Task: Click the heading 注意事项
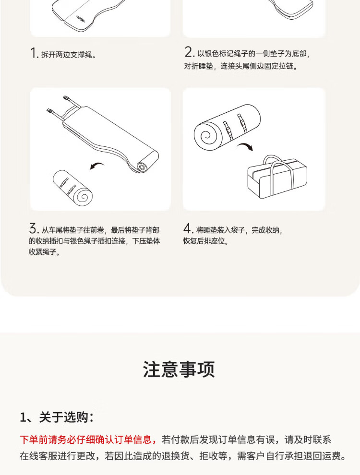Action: click(x=179, y=369)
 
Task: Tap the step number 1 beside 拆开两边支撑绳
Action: click(x=33, y=53)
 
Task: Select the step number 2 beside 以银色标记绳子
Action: click(x=189, y=52)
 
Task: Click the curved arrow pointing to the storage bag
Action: click(x=245, y=147)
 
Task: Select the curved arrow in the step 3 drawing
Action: click(x=97, y=166)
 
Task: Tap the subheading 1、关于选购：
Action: click(x=57, y=417)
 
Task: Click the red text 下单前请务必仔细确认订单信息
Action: click(x=86, y=439)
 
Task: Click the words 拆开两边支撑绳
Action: click(x=67, y=55)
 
